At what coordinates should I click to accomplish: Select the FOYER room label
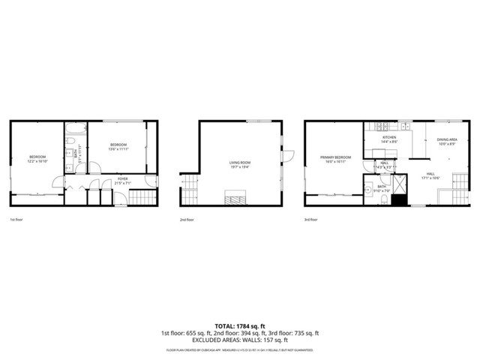[x=122, y=179]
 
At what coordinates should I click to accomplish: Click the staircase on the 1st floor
[x=141, y=198]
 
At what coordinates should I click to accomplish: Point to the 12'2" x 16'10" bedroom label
[x=37, y=158]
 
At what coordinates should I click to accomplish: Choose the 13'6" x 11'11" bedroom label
[x=118, y=146]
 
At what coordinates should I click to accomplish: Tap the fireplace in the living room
[x=237, y=198]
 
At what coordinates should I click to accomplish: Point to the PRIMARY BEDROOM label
[x=331, y=158]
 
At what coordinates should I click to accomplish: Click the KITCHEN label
[x=389, y=139]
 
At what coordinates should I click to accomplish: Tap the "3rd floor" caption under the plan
[x=310, y=220]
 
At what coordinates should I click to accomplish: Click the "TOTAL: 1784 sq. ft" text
[x=240, y=326]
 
